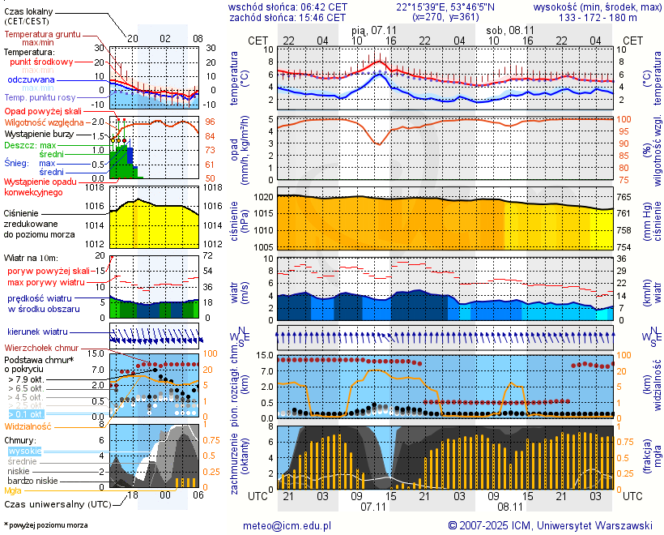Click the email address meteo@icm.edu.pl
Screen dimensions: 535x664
[287, 525]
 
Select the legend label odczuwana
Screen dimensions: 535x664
[32, 80]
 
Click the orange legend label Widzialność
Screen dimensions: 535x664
[28, 426]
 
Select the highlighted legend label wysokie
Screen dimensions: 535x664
[23, 451]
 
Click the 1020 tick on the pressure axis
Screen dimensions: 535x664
[263, 197]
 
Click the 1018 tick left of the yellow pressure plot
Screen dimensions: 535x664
[96, 187]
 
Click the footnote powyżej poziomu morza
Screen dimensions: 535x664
[46, 525]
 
